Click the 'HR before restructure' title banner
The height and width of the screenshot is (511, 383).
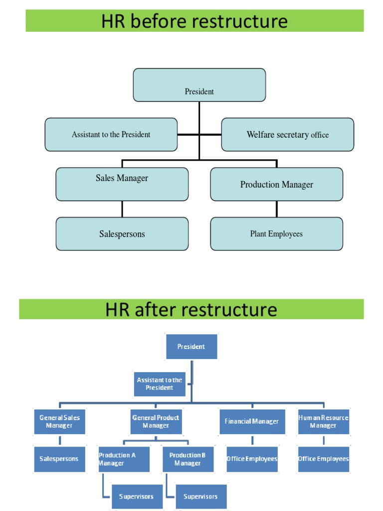coord(194,21)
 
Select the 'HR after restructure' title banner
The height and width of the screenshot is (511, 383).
coord(191,309)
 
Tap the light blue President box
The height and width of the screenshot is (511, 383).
coord(199,85)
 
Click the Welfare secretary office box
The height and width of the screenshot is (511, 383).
coord(287,134)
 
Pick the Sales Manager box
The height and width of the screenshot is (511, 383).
coord(122,184)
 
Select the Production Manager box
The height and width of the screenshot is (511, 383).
coord(276,184)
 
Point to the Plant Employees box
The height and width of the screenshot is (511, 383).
coord(276,234)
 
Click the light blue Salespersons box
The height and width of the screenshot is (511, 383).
coord(122,234)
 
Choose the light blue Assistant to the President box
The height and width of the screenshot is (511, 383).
coord(111,134)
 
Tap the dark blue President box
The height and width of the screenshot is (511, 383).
coord(191,347)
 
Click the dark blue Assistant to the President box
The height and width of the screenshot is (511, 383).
coord(160,384)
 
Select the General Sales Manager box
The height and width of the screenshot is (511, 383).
coord(59,422)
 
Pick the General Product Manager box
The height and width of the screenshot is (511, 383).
coord(156,422)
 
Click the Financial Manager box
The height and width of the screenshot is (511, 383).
coord(252,422)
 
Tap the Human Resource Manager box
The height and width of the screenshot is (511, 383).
coord(323,422)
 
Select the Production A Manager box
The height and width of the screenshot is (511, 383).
coord(124,459)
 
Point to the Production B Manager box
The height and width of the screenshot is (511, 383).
coord(188,459)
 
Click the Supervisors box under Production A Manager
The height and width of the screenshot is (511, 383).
coord(137,497)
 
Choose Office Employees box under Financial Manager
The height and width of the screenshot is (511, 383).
coord(252,459)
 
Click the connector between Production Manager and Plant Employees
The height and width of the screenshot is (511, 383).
coord(277,209)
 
